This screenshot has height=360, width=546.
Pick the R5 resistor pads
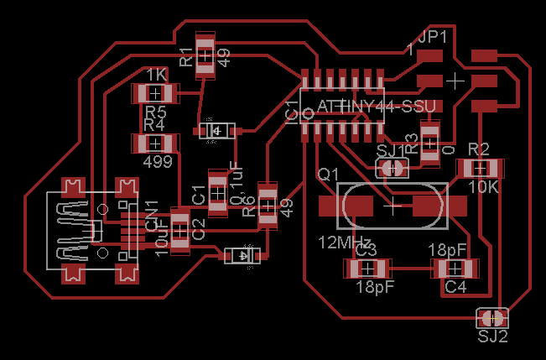[156, 93]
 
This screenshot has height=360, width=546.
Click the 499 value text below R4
[158, 159]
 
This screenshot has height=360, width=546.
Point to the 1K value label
[157, 75]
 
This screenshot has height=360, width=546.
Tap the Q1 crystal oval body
[392, 204]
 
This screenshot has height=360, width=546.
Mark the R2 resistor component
[480, 169]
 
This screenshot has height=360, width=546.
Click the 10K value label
[483, 187]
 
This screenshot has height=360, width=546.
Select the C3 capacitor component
[367, 269]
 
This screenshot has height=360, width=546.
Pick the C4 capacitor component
[455, 269]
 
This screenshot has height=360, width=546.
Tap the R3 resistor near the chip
[429, 142]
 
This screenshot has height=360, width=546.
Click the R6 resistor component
[268, 204]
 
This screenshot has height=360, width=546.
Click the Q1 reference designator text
[328, 174]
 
